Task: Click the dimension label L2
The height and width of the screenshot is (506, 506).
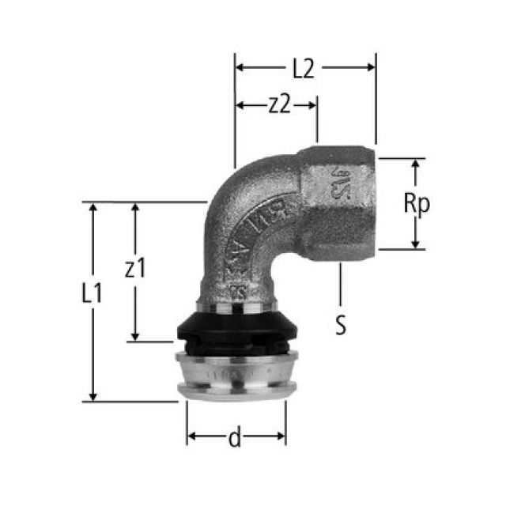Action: point(303,69)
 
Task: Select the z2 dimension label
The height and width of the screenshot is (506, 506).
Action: point(277,104)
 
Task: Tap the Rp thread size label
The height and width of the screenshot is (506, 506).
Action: point(416,204)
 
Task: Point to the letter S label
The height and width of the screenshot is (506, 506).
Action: point(340,325)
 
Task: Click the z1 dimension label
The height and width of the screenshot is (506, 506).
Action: point(135,269)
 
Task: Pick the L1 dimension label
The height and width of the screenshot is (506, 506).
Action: point(93,294)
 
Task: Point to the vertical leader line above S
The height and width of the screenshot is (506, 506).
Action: point(340,285)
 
